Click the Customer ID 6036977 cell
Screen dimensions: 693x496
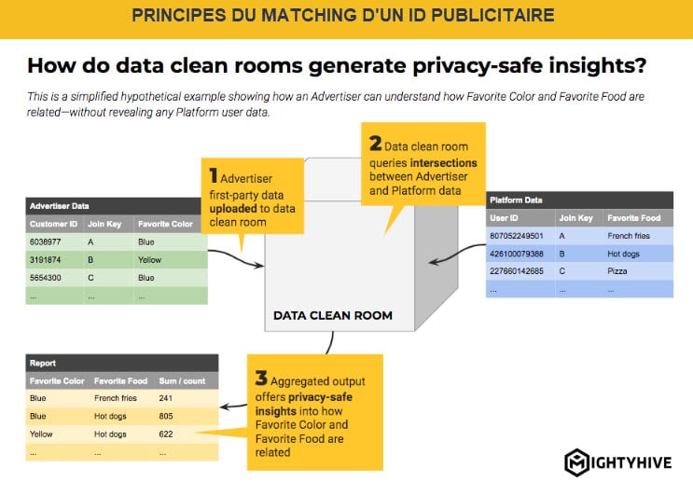pos(46,242)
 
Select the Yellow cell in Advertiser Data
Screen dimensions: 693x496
pos(149,260)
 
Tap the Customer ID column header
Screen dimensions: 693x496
pos(53,224)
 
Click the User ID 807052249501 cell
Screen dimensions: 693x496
pos(516,236)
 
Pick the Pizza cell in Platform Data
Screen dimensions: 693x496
pos(617,271)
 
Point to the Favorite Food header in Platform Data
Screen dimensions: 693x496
pos(634,218)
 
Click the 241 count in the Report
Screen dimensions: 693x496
pos(166,398)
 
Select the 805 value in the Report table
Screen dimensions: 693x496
pos(166,416)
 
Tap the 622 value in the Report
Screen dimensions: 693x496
pos(166,434)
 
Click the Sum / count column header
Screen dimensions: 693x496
pos(182,380)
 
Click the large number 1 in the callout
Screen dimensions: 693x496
pos(214,176)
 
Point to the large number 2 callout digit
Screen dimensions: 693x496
pos(375,143)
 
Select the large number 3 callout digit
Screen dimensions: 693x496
pos(261,379)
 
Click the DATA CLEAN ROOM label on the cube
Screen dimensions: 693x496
pos(333,315)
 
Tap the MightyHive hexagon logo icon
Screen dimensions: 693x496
pos(576,462)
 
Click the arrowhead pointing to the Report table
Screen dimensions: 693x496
pos(225,406)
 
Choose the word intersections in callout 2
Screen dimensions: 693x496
pos(444,163)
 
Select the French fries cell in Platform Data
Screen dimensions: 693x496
pos(629,236)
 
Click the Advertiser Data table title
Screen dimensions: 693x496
pos(59,206)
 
